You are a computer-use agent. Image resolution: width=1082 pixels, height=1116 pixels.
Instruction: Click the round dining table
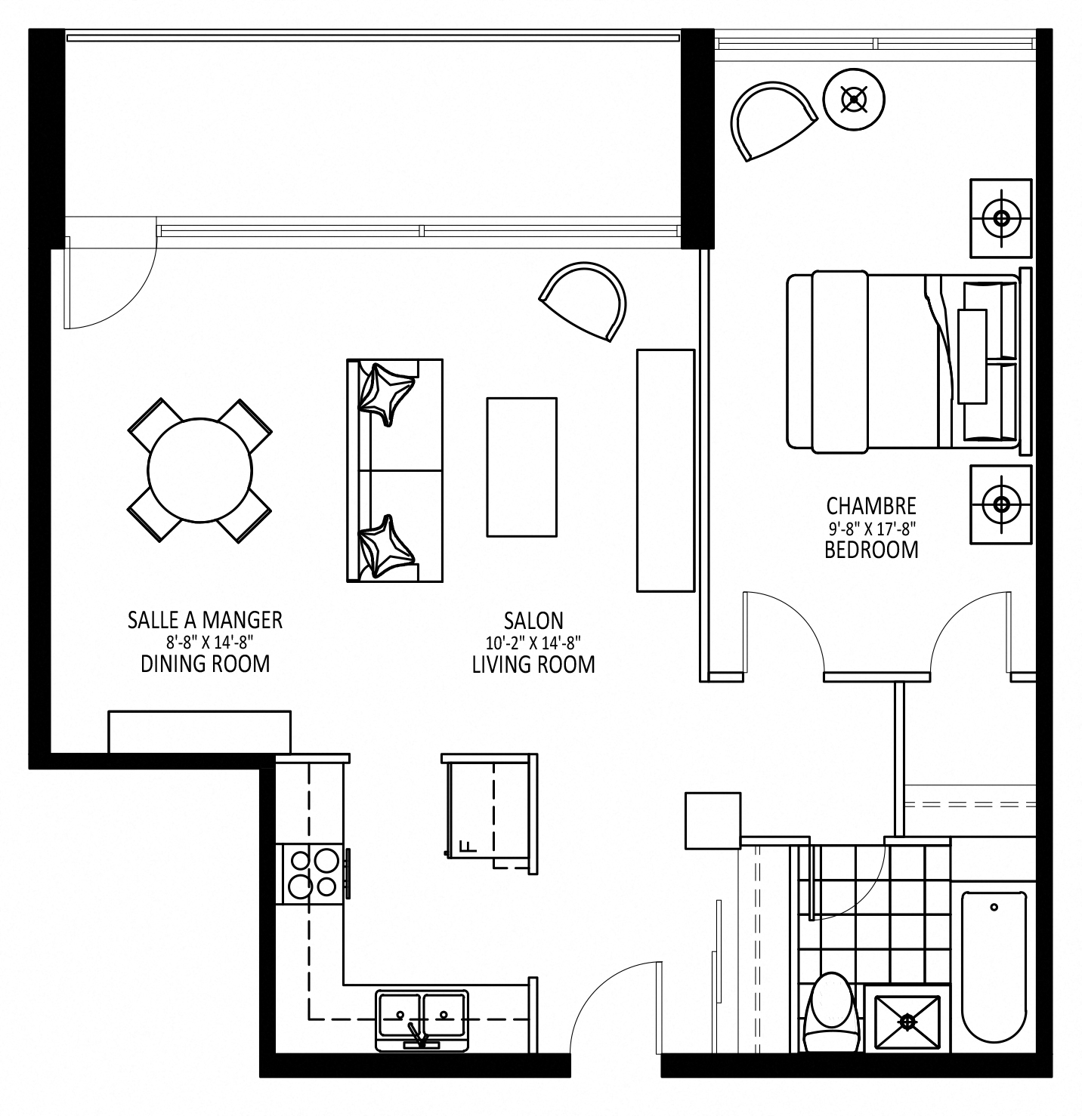coord(199,470)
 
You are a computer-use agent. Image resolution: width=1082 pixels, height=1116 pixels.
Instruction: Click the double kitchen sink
coord(422,1020)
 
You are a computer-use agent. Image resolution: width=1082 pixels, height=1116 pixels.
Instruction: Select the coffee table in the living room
coord(522,467)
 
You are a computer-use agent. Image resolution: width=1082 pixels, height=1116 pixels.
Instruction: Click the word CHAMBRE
coord(871,506)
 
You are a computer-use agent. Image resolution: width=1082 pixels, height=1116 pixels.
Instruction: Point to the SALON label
coord(534,620)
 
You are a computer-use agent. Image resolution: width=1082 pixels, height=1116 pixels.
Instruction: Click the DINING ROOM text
coord(206,664)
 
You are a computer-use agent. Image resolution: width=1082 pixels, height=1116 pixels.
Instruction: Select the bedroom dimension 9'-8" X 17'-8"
coord(872,528)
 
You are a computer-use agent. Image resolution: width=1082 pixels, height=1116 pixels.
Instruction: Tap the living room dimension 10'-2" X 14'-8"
coord(534,643)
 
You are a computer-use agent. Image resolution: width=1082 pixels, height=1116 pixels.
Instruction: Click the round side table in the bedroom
coord(854,100)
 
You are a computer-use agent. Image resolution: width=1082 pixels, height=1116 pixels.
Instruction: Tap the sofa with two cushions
coord(395,470)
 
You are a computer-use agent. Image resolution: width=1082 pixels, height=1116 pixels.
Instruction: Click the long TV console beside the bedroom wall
coord(666,470)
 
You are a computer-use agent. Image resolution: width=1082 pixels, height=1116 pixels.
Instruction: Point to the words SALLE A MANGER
coord(205,619)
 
